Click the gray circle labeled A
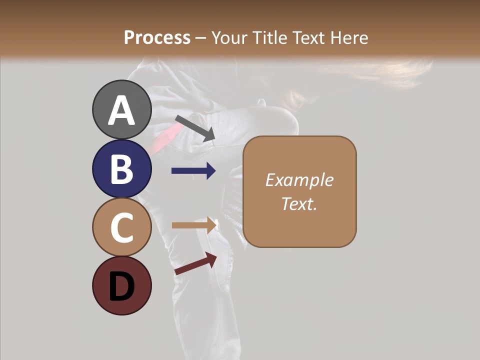(x=122, y=109)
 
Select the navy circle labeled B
(x=122, y=168)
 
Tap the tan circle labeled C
(x=122, y=227)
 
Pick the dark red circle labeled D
(x=122, y=285)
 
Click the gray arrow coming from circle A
(x=195, y=127)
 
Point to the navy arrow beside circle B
(x=193, y=171)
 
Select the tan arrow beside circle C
(x=193, y=225)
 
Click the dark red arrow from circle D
(x=195, y=263)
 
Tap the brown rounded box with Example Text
(x=299, y=191)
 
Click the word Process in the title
(x=157, y=38)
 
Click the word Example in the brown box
(x=299, y=180)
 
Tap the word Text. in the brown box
(x=299, y=203)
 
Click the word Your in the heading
(x=230, y=38)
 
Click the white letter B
(x=122, y=169)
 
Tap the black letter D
(x=122, y=286)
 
